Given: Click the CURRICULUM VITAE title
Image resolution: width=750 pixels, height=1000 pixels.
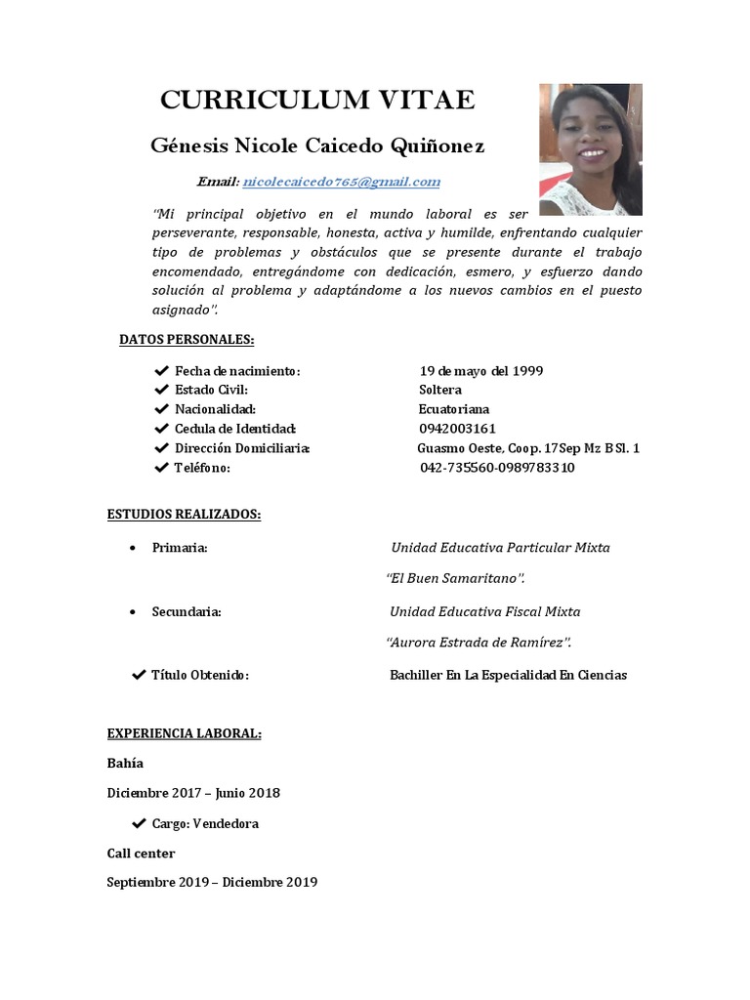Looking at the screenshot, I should (x=317, y=100).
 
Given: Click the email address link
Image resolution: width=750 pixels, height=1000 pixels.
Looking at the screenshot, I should (x=341, y=182).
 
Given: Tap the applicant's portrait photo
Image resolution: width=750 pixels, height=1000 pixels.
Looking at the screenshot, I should (x=590, y=149).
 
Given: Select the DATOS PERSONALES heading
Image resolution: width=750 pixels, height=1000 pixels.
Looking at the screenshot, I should (x=187, y=339).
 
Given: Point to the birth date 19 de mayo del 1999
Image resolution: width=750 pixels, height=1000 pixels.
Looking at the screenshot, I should (x=481, y=371).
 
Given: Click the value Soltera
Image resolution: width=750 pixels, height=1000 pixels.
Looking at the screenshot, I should (x=440, y=390).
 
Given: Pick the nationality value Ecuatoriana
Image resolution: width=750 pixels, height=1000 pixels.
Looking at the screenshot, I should (x=454, y=409).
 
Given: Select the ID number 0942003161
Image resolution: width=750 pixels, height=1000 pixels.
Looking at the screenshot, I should (x=457, y=429).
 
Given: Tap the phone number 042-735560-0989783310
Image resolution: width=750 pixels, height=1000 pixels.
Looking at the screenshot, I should (x=497, y=468).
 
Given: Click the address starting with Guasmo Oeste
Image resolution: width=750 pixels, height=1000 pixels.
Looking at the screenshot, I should (x=528, y=448).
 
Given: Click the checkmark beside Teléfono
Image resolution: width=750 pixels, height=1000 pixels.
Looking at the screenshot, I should (x=161, y=468).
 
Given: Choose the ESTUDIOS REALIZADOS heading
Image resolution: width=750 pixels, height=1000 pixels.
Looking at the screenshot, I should (x=184, y=515).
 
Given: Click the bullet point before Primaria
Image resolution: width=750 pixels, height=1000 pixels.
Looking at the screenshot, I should (x=132, y=548).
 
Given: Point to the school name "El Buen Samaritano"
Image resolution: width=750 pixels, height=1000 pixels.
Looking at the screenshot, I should (x=456, y=579).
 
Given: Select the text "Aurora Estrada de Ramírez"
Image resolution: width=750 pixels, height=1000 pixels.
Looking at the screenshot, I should (x=479, y=643).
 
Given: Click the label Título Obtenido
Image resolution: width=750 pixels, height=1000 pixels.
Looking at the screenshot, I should (x=200, y=675).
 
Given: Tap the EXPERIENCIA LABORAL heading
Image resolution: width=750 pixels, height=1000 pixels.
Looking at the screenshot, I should (x=184, y=733).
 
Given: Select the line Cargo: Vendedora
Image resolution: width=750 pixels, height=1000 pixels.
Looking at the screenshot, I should (x=205, y=823).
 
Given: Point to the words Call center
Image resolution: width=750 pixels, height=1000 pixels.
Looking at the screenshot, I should (x=141, y=854).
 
